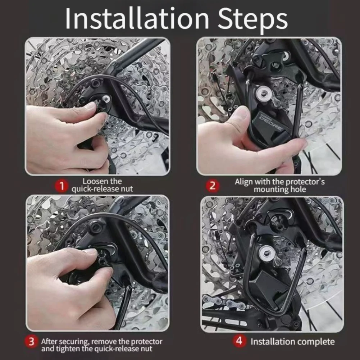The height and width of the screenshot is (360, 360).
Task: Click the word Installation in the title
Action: (137, 18)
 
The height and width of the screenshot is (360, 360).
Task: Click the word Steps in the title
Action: (252, 19)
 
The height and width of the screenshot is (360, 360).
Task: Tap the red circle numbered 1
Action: (61, 186)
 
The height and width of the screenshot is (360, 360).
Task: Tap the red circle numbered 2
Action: (213, 186)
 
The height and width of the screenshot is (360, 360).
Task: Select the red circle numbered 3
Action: (31, 341)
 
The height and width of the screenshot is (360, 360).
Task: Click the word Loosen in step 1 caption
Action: (96, 181)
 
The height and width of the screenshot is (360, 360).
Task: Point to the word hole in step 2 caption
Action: (298, 190)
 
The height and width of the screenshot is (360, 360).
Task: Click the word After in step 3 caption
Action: (49, 341)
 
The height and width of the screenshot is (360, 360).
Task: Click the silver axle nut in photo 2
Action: (264, 93)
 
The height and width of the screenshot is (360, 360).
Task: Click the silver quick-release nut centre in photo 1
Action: (106, 99)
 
